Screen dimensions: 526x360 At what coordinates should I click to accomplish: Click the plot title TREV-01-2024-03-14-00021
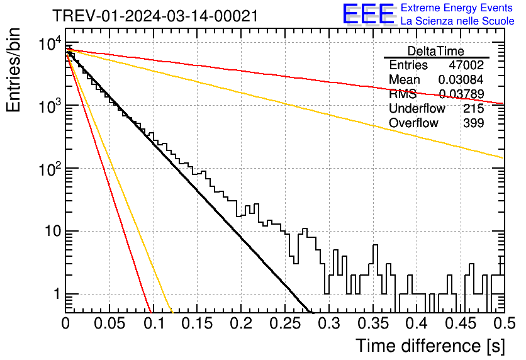coord(155,16)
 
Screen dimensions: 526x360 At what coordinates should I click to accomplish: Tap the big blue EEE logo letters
coord(368,14)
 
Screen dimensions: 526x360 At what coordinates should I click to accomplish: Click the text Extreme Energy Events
coord(457,8)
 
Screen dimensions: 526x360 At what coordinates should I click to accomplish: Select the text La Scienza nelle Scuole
coord(457,21)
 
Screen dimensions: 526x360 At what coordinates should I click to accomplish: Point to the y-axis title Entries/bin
coord(13,70)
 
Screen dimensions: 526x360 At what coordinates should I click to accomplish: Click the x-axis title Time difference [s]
coord(430,346)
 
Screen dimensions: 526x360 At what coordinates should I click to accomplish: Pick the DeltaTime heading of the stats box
coord(436,51)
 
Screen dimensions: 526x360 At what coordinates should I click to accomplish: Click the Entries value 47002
coord(466,65)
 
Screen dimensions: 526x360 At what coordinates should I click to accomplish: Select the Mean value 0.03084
coord(461,79)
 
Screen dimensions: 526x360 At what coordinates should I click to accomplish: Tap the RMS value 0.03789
coord(462,94)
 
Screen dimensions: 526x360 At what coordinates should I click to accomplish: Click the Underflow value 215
coord(474,108)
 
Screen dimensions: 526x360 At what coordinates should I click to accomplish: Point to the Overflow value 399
coord(474,123)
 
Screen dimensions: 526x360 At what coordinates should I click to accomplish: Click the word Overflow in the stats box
coord(413,123)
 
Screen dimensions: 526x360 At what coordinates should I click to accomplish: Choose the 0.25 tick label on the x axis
coord(285,323)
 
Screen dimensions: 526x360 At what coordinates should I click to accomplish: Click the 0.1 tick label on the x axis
coord(154,323)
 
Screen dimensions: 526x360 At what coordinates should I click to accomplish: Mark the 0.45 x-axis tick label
coord(461,323)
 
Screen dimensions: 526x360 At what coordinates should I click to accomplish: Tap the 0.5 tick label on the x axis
coord(505,323)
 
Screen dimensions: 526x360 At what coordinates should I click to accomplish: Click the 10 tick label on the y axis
coord(53,231)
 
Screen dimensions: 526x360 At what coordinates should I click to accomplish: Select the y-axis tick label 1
coord(57,294)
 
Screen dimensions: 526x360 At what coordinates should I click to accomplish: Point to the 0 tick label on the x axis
coord(65,323)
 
